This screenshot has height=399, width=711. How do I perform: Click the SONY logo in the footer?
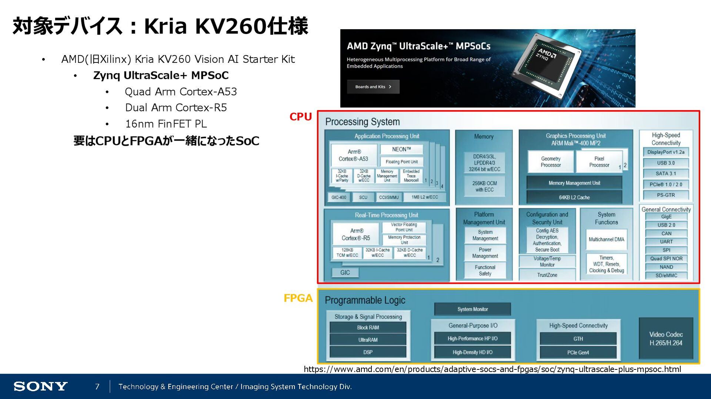click(40, 386)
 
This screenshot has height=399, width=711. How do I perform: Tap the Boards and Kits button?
click(373, 87)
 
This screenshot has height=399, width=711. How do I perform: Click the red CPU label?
click(300, 117)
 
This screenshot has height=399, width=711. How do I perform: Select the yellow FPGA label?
click(298, 298)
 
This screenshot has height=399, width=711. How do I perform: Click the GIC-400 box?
click(338, 197)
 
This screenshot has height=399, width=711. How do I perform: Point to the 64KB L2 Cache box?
click(574, 197)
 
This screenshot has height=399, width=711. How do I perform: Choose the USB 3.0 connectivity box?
click(666, 163)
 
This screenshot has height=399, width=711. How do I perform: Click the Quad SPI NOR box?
click(666, 258)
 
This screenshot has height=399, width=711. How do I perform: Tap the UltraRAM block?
click(368, 340)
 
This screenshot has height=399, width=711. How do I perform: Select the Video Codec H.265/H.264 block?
click(666, 338)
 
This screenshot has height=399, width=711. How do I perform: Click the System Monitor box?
click(473, 309)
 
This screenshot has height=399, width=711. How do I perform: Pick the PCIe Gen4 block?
click(578, 352)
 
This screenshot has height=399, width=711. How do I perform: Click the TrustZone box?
click(547, 275)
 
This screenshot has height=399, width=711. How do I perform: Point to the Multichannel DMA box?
click(606, 240)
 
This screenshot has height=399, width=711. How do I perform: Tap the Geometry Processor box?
click(551, 162)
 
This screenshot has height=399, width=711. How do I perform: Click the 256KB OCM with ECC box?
click(484, 186)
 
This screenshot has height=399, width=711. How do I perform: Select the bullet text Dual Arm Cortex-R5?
click(176, 108)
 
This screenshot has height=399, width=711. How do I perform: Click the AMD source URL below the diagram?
click(492, 369)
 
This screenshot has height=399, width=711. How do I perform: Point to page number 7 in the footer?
click(97, 386)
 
